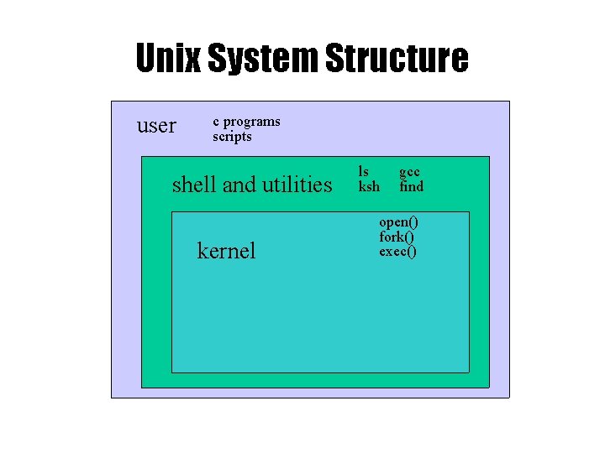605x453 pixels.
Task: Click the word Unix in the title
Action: pos(167,60)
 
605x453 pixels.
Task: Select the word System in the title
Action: pos(260,60)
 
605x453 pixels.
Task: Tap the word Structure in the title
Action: pos(396,60)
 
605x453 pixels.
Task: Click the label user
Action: pos(156,126)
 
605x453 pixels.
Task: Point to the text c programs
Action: pos(246,122)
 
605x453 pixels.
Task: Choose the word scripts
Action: pos(232,136)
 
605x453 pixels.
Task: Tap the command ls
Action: pos(364,172)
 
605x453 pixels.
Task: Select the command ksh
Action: pos(369,186)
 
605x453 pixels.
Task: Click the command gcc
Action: pos(409,172)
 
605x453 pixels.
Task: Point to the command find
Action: pos(411,186)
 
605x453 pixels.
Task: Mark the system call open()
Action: pos(398,222)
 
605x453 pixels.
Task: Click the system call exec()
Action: pos(397,251)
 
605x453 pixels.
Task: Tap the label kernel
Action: pos(226,250)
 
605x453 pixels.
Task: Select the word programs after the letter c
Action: pos(251,122)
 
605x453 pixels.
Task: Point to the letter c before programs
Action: pos(216,122)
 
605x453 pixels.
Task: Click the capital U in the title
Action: pos(146,60)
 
